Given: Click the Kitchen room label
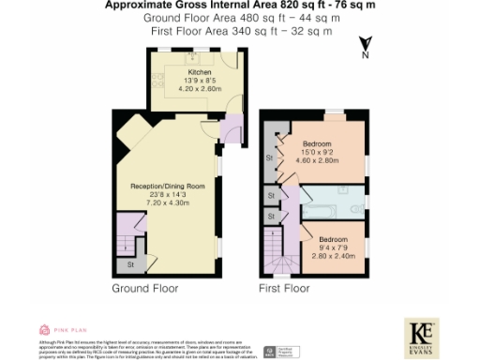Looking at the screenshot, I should [x=200, y=72].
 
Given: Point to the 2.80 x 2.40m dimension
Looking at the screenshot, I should [x=334, y=255].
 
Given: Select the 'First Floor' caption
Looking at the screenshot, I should [x=284, y=289].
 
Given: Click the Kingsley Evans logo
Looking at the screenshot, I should [x=423, y=334].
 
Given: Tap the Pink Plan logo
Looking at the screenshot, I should [x=61, y=330].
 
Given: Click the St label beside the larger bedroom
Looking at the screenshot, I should [x=269, y=159].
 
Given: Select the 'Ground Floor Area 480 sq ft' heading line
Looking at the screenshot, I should [x=238, y=18].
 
